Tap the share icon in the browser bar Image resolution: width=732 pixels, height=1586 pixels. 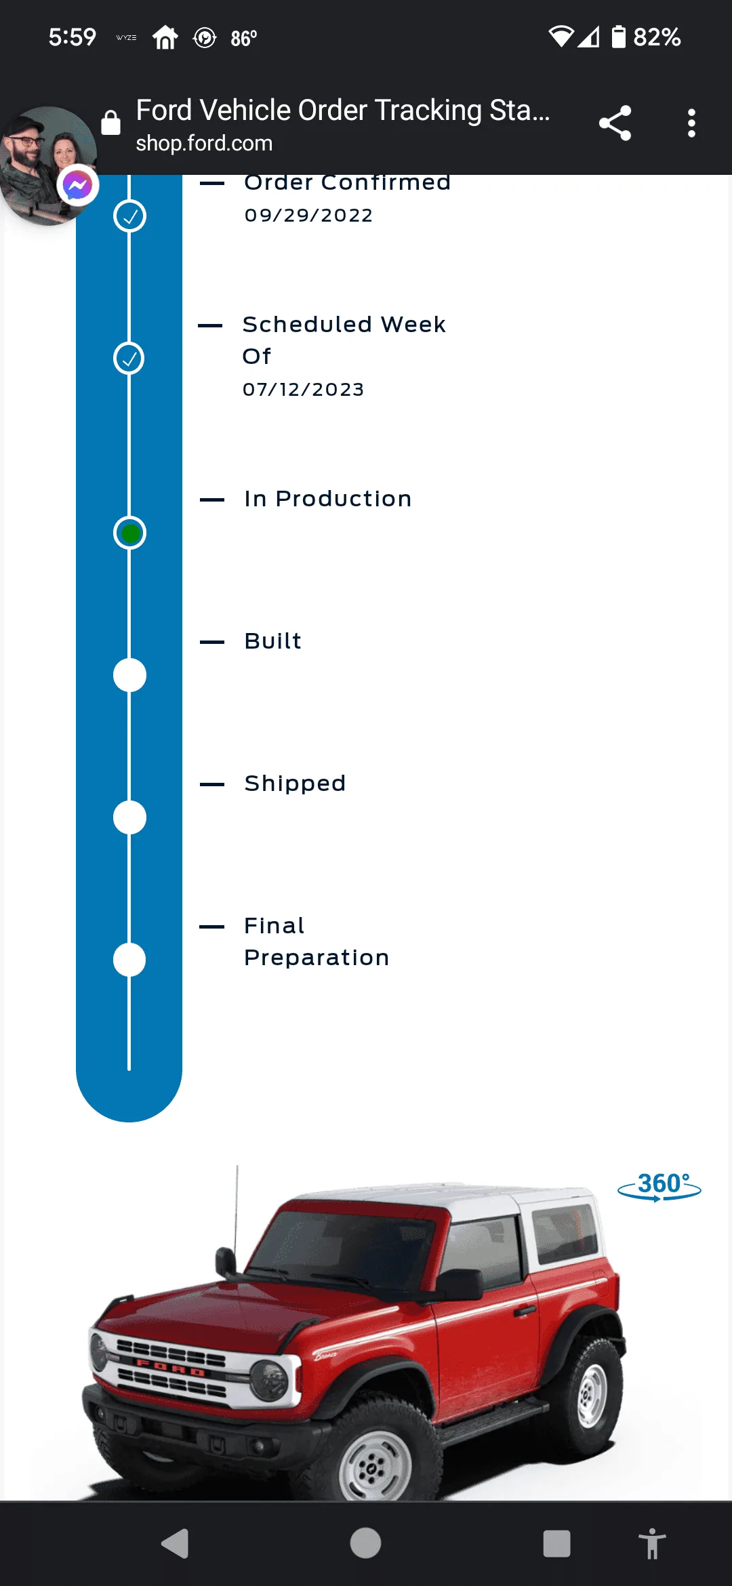click(x=615, y=123)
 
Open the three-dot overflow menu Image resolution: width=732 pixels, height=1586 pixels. click(x=691, y=123)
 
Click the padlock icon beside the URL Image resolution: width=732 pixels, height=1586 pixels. click(x=110, y=122)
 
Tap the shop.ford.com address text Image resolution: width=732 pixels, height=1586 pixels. click(x=204, y=143)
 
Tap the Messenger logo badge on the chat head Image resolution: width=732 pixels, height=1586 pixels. click(x=78, y=185)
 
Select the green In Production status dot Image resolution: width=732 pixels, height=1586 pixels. click(x=129, y=533)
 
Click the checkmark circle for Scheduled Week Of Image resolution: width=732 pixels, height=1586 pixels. click(x=129, y=358)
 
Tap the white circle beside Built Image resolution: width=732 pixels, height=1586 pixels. click(x=129, y=675)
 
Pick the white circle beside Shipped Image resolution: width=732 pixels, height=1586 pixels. click(x=129, y=817)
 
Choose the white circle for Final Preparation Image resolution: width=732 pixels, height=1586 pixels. click(x=129, y=960)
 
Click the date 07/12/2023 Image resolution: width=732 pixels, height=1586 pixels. click(x=304, y=390)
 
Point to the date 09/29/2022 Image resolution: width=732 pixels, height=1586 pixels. click(x=308, y=216)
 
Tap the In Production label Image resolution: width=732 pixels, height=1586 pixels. click(x=328, y=499)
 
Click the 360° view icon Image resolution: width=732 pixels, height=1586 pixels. click(x=659, y=1187)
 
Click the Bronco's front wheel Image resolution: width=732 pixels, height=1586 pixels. click(x=371, y=1464)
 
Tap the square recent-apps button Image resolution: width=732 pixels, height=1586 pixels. click(x=556, y=1544)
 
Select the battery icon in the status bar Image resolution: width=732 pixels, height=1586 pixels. click(x=618, y=37)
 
